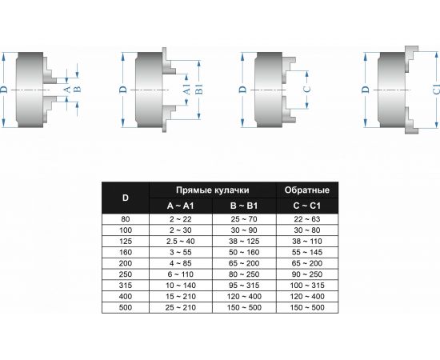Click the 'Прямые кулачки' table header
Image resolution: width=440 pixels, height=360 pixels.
(x=213, y=190)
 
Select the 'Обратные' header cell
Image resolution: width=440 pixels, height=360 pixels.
(x=307, y=190)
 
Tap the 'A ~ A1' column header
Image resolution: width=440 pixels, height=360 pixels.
(x=181, y=206)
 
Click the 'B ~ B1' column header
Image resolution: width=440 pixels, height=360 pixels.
(x=244, y=206)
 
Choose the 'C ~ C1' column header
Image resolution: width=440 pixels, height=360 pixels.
(x=307, y=206)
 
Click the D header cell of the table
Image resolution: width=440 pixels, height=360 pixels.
(x=126, y=198)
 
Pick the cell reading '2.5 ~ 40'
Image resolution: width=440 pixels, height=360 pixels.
(x=181, y=242)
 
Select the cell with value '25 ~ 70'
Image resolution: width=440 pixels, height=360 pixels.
(x=244, y=219)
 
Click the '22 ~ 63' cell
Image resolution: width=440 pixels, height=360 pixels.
(x=307, y=219)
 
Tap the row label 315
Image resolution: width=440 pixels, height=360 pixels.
(x=126, y=286)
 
